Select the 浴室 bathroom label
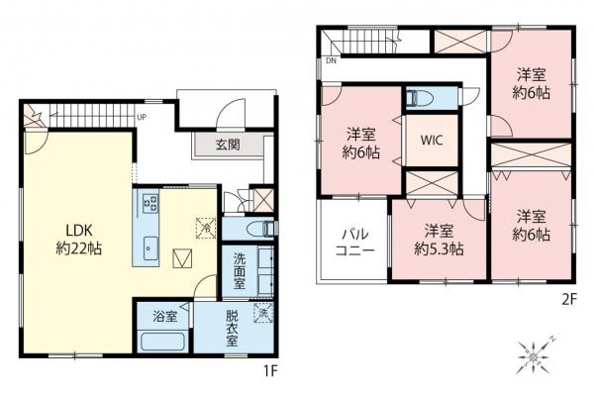[x=164, y=317]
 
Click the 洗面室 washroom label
[x=239, y=270]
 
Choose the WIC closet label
[x=431, y=140]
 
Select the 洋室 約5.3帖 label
[x=438, y=241]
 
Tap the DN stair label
[x=331, y=60]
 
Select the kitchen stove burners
[x=152, y=205]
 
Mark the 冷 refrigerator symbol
[x=205, y=224]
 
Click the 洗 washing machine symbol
[x=261, y=314]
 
